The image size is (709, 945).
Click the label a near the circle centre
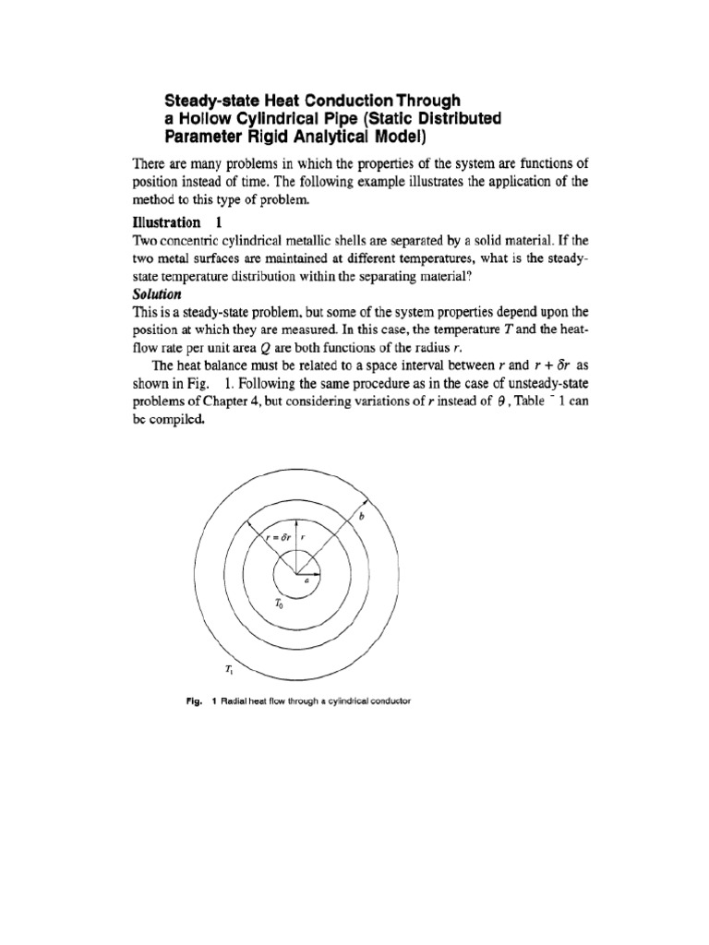[305, 583]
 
